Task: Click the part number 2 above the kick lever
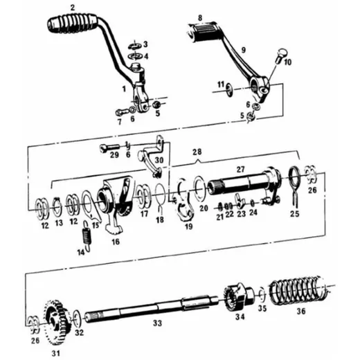tap(73, 8)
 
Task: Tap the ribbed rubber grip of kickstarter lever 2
tap(72, 23)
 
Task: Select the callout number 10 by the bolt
tap(287, 62)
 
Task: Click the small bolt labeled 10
tap(280, 55)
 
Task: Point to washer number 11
tap(229, 90)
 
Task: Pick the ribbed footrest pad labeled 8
tap(203, 32)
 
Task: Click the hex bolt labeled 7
tap(122, 112)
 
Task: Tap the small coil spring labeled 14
tap(87, 236)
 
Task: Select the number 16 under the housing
tap(116, 242)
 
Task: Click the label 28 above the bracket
tap(197, 152)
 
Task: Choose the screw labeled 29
tap(110, 147)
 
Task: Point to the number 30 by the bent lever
tap(159, 160)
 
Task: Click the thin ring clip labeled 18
tap(160, 192)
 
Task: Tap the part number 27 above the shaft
tap(240, 170)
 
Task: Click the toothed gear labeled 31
tap(56, 322)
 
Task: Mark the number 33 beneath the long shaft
tap(157, 323)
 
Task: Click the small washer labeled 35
tap(262, 295)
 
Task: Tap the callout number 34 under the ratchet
tap(240, 317)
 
